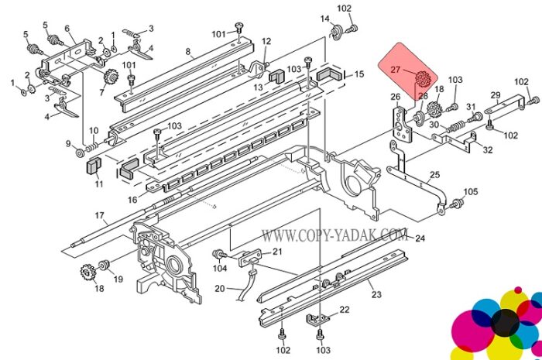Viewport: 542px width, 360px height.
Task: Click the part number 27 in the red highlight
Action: (395, 70)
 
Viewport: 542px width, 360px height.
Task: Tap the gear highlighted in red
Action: (422, 79)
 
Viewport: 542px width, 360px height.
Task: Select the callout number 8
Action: (188, 52)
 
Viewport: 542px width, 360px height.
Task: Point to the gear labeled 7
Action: (111, 77)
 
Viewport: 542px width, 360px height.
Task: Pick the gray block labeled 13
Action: (276, 76)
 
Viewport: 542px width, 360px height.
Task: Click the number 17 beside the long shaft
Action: (100, 215)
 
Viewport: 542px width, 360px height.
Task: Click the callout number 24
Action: (420, 238)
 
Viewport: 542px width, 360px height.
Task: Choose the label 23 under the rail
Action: (376, 294)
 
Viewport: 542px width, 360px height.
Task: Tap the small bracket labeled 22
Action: (317, 320)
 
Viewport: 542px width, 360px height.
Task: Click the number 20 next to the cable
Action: (220, 288)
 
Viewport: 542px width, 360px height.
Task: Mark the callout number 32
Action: (487, 150)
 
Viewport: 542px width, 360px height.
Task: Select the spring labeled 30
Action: (455, 127)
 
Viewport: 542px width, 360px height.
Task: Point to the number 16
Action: (132, 200)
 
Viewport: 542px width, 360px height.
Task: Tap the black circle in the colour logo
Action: (505, 323)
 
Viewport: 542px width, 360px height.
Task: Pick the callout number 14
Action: (325, 19)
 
